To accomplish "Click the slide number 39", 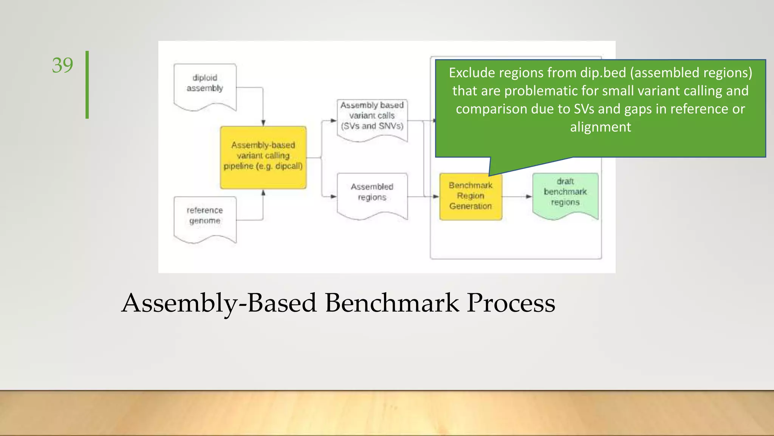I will pyautogui.click(x=62, y=65).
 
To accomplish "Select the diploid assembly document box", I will pyautogui.click(x=205, y=86).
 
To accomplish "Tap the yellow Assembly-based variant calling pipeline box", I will pyautogui.click(x=263, y=157).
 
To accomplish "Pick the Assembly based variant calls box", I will pyautogui.click(x=372, y=119).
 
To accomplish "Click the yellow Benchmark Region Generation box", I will pyautogui.click(x=471, y=196).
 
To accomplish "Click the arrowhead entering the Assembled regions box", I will pyautogui.click(x=333, y=196).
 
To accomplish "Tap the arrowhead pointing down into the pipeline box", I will pyautogui.click(x=263, y=123).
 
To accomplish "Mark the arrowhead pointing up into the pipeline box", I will pyautogui.click(x=263, y=193).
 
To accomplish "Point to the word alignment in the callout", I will pyautogui.click(x=601, y=127).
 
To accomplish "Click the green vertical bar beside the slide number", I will pyautogui.click(x=87, y=85).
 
